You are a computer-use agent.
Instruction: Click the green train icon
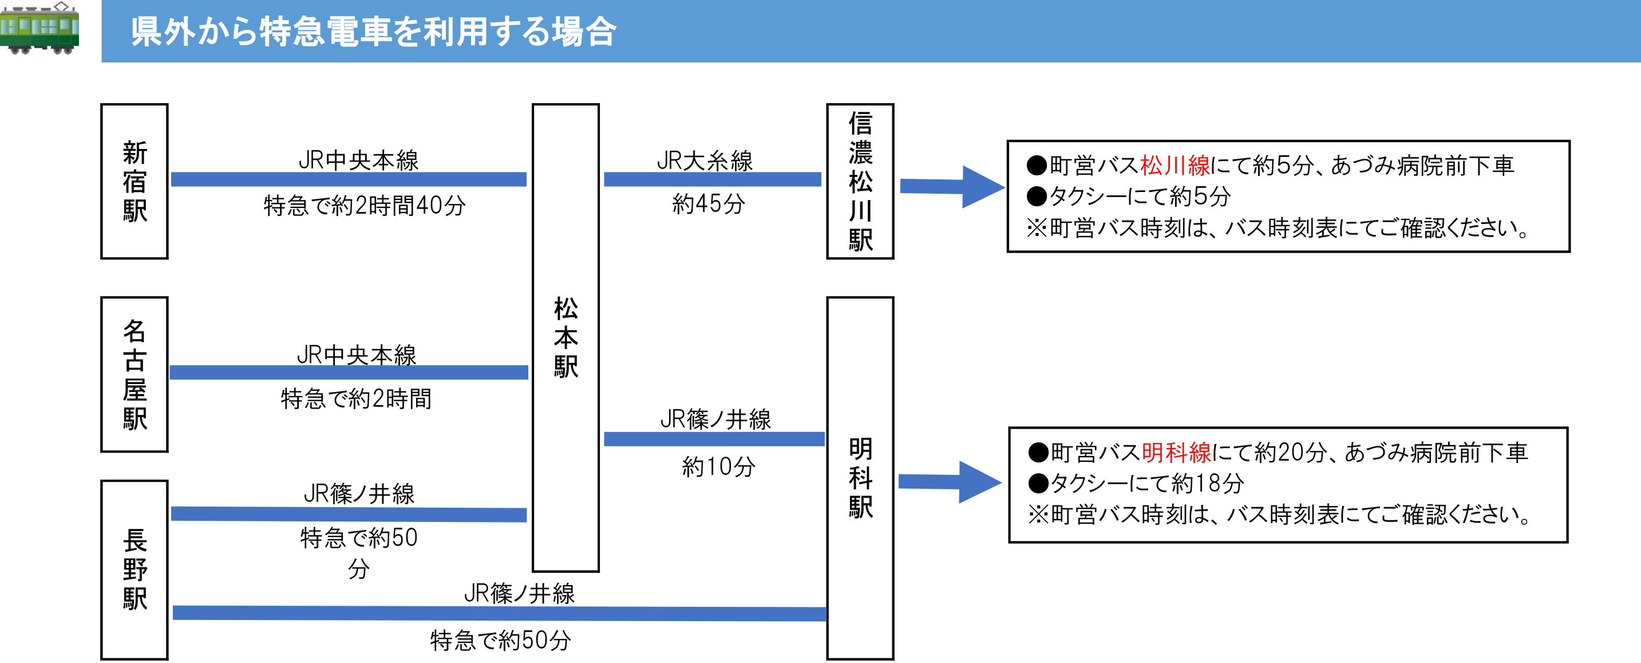(x=39, y=28)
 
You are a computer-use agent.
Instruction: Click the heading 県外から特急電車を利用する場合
(x=373, y=32)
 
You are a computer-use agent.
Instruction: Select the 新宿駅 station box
(x=135, y=181)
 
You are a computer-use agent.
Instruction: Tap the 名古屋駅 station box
(x=135, y=374)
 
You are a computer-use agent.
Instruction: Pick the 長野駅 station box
(x=135, y=569)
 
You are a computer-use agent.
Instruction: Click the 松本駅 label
(x=566, y=338)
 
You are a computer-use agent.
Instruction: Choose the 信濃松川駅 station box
(x=860, y=181)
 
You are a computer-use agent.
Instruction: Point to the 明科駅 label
(x=860, y=477)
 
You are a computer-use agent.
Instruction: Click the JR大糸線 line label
(x=705, y=160)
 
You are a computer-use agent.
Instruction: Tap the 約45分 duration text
(x=709, y=204)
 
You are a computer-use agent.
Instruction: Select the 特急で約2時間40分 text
(x=365, y=205)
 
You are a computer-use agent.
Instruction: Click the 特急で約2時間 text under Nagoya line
(x=356, y=399)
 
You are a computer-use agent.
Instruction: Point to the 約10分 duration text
(x=718, y=466)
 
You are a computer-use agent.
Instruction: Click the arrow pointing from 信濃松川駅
(x=952, y=187)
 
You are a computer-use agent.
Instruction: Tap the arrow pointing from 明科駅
(x=950, y=482)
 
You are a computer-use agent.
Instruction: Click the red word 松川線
(x=1175, y=166)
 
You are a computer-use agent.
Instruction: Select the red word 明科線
(x=1176, y=453)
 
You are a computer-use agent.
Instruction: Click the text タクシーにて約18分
(x=1146, y=483)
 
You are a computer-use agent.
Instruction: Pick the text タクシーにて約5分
(x=1140, y=197)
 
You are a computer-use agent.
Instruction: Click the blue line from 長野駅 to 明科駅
(x=500, y=613)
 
